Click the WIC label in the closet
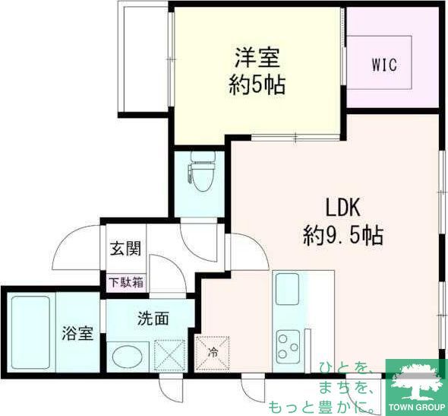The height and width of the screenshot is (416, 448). [x=384, y=64]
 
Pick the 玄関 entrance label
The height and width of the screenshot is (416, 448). [x=125, y=247]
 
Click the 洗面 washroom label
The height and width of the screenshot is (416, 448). [x=152, y=318]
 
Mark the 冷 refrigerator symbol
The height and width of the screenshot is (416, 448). [x=213, y=352]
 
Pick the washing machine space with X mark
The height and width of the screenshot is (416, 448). [x=170, y=354]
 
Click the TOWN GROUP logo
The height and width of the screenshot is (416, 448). [x=416, y=388]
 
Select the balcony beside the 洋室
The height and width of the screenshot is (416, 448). [x=144, y=57]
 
